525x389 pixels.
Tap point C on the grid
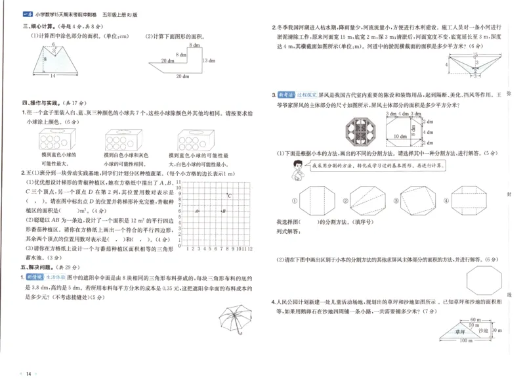point(228,195)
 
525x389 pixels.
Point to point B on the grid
point(223,211)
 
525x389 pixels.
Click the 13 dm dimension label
point(205,60)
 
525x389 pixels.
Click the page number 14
point(28,374)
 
